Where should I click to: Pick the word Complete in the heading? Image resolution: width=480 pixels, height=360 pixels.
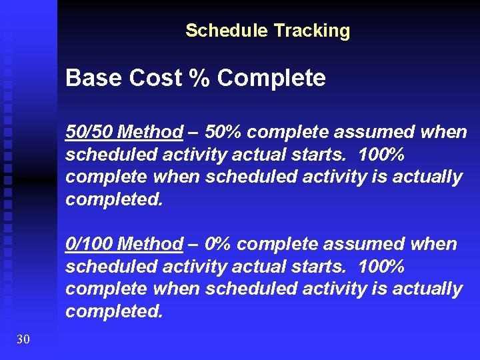point(271,79)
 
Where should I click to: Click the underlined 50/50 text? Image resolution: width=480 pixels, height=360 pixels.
point(88,132)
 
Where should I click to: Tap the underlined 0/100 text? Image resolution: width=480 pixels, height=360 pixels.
point(88,244)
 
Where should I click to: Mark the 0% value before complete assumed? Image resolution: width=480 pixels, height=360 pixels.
point(218,244)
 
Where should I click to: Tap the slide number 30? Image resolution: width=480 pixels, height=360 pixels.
point(23,340)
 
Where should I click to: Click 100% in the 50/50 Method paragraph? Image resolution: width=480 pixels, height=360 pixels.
point(381,155)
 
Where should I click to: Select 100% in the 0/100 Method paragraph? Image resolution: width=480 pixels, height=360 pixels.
point(381,267)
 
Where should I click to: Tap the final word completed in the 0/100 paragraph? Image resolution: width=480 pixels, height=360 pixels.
point(113,312)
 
